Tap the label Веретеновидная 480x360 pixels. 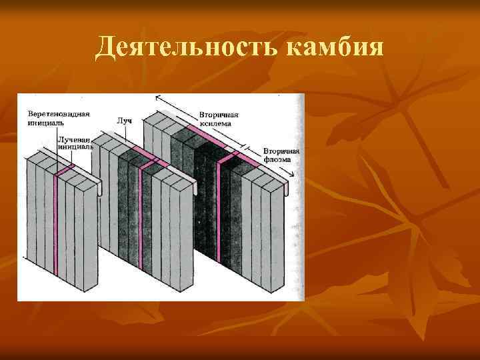(x=59, y=114)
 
